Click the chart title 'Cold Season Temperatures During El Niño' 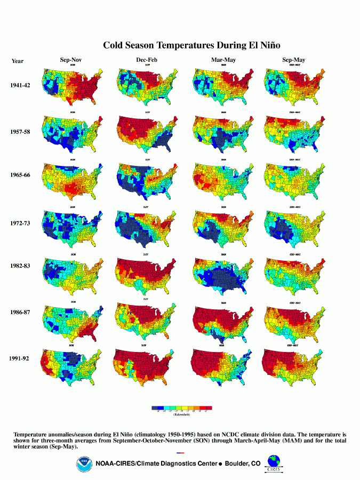pos(191,46)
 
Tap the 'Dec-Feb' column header pos(147,60)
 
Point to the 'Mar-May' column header pos(221,60)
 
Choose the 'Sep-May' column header pos(294,60)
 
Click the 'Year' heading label pos(18,61)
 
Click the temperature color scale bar pos(182,408)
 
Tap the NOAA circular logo pos(83,464)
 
